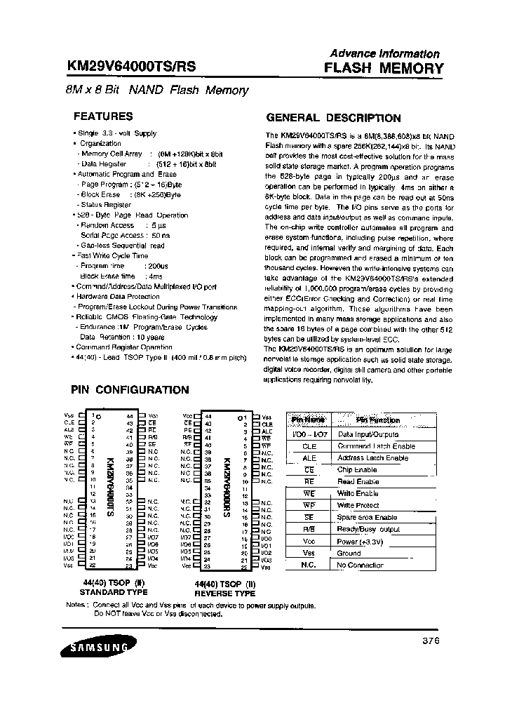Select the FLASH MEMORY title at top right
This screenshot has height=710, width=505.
click(x=384, y=68)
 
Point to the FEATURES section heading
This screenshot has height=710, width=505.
click(x=103, y=116)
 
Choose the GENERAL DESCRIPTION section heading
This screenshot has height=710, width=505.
click(x=332, y=118)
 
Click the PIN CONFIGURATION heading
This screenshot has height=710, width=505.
click(x=130, y=389)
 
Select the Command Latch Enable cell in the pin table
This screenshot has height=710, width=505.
click(x=377, y=446)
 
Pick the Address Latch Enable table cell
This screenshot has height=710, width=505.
click(x=373, y=458)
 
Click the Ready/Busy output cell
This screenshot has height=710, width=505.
click(x=369, y=529)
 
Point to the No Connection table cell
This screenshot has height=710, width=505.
click(x=361, y=565)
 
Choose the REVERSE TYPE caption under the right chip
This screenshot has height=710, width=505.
click(x=225, y=593)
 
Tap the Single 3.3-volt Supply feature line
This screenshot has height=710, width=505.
click(x=116, y=133)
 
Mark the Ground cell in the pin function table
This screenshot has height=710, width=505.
click(x=349, y=553)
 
